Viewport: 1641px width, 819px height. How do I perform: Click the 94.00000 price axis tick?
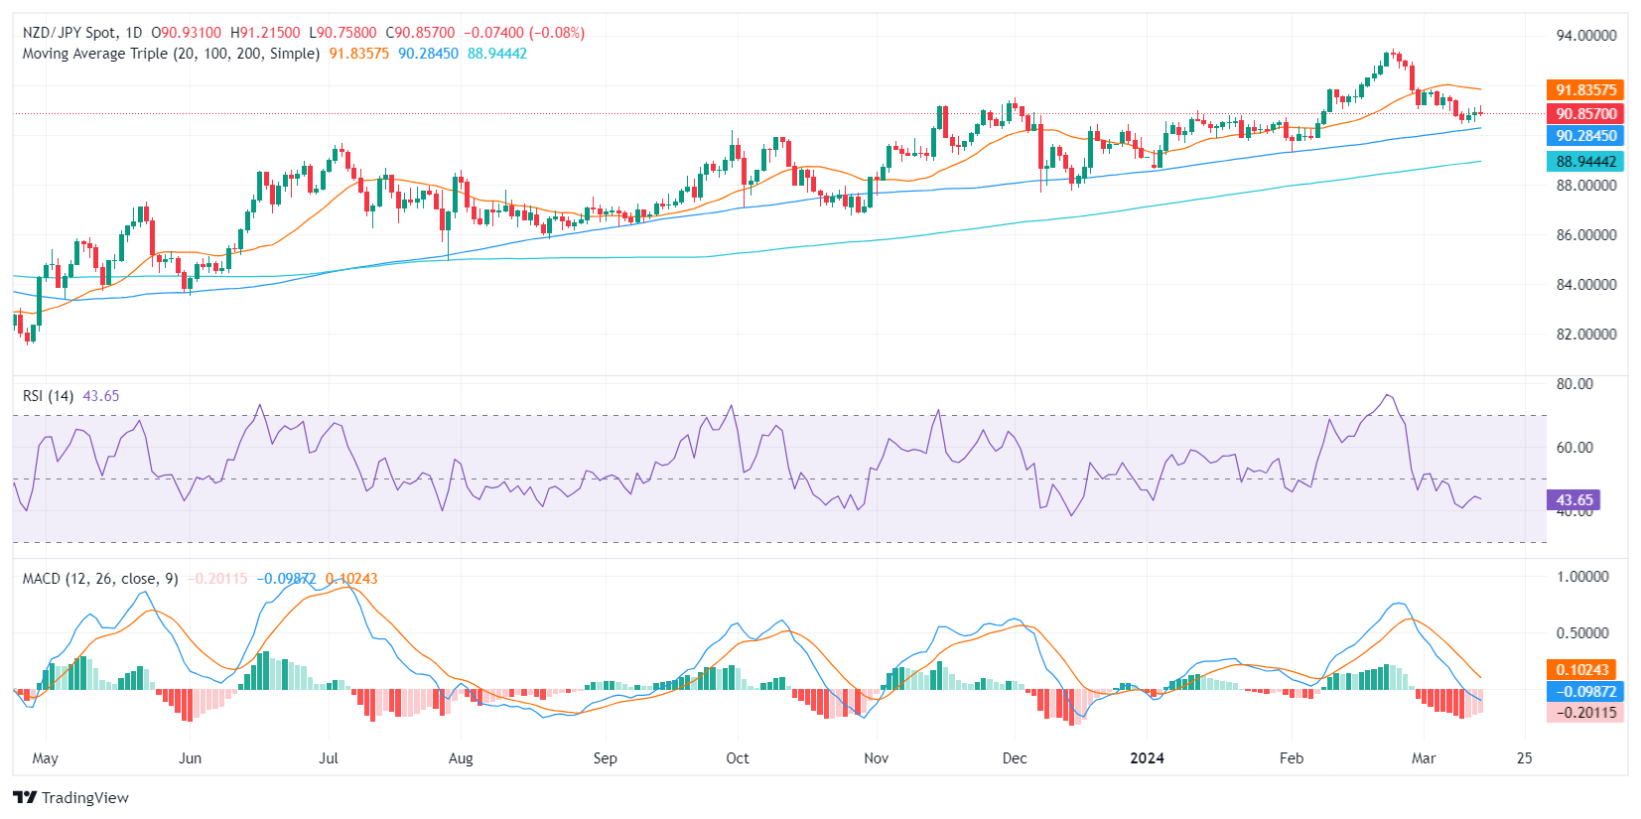[1585, 36]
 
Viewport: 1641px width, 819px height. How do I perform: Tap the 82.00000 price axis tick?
[1585, 335]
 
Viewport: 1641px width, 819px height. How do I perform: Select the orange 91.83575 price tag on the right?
[1585, 90]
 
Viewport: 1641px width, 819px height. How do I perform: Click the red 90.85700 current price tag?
[1585, 114]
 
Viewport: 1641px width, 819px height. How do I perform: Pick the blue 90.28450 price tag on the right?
[1585, 136]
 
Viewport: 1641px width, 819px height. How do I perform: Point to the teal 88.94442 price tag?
[1585, 162]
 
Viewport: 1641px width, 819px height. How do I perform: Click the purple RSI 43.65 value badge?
[1573, 500]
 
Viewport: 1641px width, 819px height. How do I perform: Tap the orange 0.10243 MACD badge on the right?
[1581, 670]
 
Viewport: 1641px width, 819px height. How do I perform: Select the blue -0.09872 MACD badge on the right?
[1585, 692]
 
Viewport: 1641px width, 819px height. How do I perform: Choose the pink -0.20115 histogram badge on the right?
[1585, 713]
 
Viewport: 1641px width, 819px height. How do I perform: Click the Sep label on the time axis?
[605, 758]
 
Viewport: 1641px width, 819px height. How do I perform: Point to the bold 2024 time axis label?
[1147, 758]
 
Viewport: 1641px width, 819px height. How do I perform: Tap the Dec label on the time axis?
[1015, 758]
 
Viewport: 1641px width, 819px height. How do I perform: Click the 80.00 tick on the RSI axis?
[1574, 384]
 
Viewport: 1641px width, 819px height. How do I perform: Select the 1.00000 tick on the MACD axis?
[1582, 577]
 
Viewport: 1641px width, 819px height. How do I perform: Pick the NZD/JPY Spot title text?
[69, 33]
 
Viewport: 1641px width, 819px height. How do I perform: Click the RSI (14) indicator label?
[48, 396]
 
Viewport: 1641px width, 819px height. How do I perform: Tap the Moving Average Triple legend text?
[171, 54]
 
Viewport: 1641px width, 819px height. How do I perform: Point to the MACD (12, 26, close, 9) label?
[100, 579]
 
